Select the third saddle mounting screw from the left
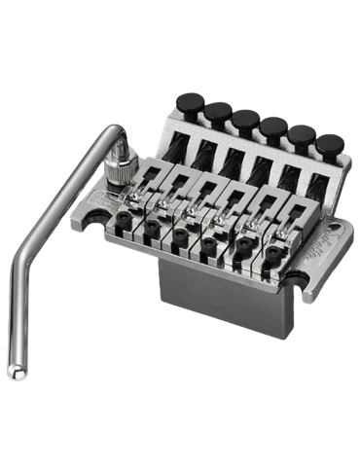pyautogui.click(x=182, y=240)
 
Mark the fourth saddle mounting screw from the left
pyautogui.click(x=212, y=252)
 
